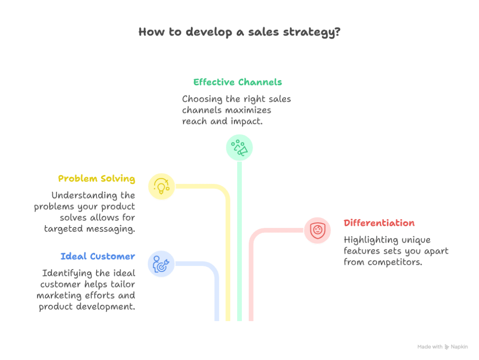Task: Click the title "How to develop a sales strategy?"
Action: (239, 33)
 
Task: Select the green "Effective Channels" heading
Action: (238, 82)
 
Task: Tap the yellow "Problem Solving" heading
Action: (96, 179)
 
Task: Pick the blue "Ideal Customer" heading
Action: (98, 257)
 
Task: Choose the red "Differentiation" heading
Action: (379, 223)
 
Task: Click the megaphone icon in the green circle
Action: (239, 147)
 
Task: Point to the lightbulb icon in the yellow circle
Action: (161, 186)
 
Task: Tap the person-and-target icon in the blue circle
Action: (161, 264)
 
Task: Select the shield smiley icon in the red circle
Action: (317, 230)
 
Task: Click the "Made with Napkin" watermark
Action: (442, 347)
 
